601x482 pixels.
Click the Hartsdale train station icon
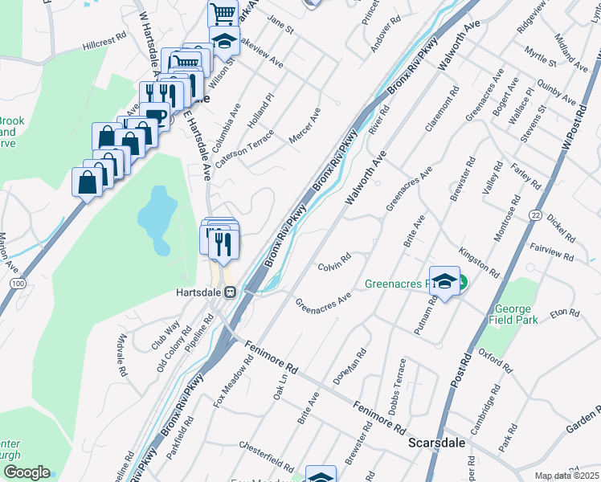[230, 292]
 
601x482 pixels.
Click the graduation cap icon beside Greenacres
[444, 280]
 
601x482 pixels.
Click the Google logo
[27, 472]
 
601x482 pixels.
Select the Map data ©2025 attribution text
[566, 476]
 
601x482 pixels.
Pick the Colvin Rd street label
[334, 262]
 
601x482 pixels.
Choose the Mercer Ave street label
[305, 126]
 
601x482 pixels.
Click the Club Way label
[166, 337]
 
